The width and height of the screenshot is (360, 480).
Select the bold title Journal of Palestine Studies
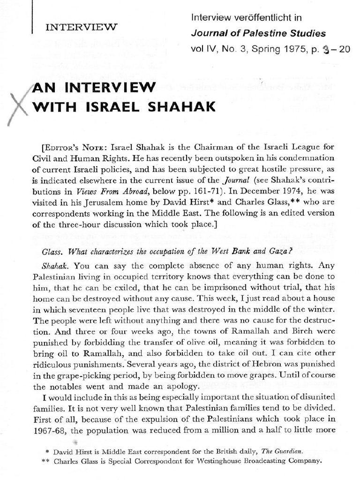tap(258, 34)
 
